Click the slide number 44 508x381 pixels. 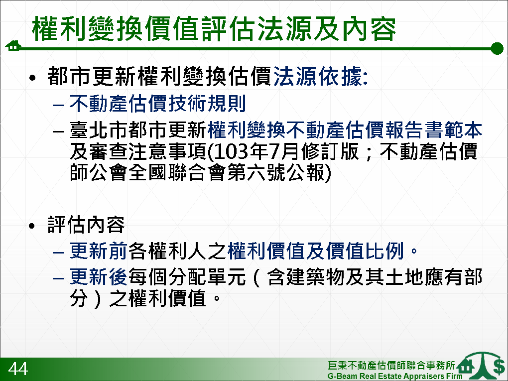point(18,369)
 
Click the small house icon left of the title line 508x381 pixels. point(13,46)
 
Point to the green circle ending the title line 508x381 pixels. point(497,49)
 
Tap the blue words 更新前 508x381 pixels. point(99,251)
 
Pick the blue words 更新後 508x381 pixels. point(99,277)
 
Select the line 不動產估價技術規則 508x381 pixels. point(158,104)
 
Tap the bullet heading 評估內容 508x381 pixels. point(86,225)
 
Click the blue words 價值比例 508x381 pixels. point(365,251)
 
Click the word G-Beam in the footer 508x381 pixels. point(342,376)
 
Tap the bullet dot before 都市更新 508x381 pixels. point(32,78)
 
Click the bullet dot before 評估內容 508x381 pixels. point(32,226)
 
